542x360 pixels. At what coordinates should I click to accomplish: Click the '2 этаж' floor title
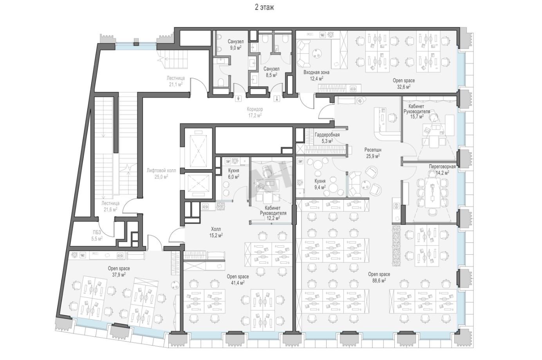click(x=264, y=7)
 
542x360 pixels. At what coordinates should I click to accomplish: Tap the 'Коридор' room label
click(x=255, y=109)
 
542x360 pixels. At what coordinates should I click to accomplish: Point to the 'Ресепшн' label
click(x=373, y=150)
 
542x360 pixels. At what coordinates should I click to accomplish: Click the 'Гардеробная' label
click(x=327, y=135)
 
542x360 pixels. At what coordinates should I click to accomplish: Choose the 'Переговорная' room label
click(x=442, y=166)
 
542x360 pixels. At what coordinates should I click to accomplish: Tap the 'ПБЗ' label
click(x=97, y=232)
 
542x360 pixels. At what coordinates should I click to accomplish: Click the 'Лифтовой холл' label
click(x=161, y=170)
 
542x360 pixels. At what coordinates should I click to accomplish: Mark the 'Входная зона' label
click(x=316, y=72)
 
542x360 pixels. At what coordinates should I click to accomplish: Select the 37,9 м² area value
click(x=119, y=275)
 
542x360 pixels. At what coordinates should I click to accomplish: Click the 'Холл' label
click(x=216, y=229)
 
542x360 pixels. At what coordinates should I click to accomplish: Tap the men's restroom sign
click(x=239, y=99)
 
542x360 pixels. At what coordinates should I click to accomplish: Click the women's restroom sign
click(x=277, y=99)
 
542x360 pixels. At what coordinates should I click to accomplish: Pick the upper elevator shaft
click(x=199, y=148)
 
